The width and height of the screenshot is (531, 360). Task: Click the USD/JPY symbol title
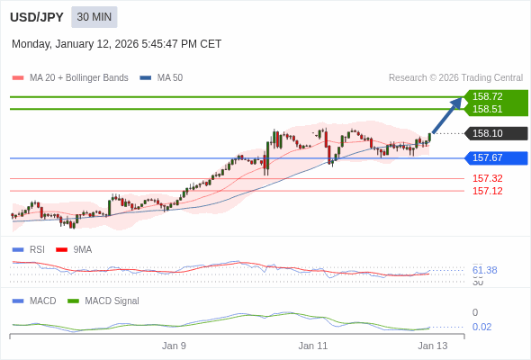click(x=36, y=17)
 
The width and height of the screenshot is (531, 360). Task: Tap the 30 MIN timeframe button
click(x=94, y=17)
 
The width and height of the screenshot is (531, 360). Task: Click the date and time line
click(x=116, y=44)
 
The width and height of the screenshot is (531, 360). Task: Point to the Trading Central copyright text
click(x=455, y=78)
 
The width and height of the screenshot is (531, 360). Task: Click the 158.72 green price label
click(x=488, y=96)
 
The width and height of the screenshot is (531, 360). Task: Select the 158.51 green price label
click(x=488, y=109)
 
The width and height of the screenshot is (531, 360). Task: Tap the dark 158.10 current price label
click(x=488, y=133)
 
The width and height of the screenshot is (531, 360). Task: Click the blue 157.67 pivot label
click(x=488, y=157)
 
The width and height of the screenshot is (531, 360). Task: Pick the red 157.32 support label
click(x=487, y=178)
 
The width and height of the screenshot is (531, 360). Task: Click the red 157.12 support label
click(x=487, y=191)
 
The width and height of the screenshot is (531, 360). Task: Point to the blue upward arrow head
click(x=456, y=103)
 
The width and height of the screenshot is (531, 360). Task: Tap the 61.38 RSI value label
click(x=484, y=270)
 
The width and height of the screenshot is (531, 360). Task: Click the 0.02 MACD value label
click(x=481, y=327)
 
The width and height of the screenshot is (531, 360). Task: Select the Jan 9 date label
click(x=174, y=346)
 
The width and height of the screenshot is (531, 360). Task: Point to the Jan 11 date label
click(x=313, y=346)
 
